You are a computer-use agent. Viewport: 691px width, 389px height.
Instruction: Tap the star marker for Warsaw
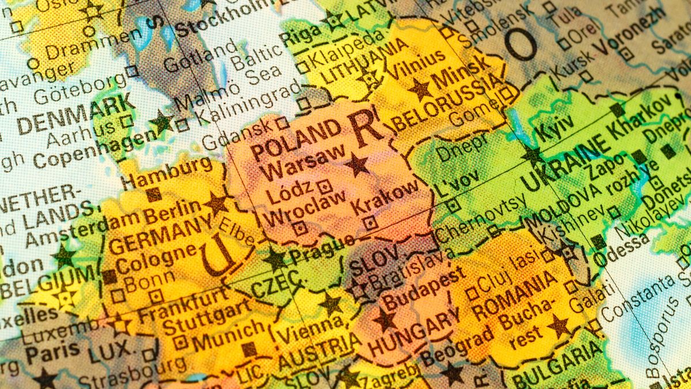pyautogui.click(x=357, y=165)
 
